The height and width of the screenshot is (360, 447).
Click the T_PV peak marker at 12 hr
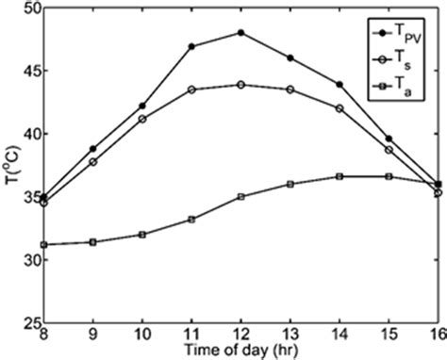tap(240, 33)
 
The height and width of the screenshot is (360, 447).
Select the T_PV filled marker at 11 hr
tap(191, 46)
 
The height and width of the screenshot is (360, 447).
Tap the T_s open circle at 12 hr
tap(240, 84)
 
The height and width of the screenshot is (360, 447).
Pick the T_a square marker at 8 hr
tap(44, 244)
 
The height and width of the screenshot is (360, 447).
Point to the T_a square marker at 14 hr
tap(339, 176)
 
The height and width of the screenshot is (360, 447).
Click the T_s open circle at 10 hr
tap(142, 119)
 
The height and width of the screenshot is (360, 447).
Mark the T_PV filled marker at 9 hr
tap(93, 149)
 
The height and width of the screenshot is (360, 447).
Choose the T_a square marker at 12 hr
tap(240, 197)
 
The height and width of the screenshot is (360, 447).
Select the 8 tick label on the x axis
tap(44, 335)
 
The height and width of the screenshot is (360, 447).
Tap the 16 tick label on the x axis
tap(436, 335)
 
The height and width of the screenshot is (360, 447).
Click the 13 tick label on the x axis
tap(290, 335)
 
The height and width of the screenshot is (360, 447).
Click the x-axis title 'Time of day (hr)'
tap(240, 350)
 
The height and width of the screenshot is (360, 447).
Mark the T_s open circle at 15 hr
tap(388, 150)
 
